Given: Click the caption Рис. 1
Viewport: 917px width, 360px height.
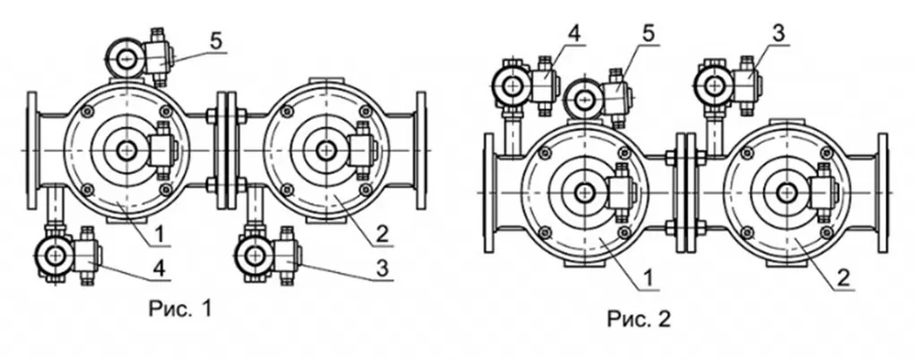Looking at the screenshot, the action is point(179,309).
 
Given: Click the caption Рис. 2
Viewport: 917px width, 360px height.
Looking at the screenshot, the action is point(638,319).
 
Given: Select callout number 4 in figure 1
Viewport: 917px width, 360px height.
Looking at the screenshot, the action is point(160,270).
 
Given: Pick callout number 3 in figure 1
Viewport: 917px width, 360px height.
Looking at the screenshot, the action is point(381,270).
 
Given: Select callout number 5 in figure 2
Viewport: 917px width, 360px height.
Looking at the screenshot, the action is point(647,34).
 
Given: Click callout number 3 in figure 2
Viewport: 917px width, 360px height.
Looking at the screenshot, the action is point(778,33).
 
